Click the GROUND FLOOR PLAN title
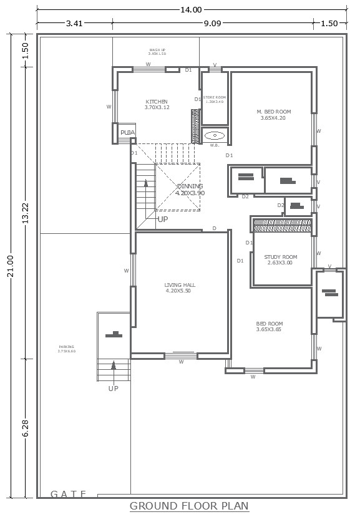click(189, 506)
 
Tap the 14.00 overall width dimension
click(191, 9)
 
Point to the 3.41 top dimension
click(74, 24)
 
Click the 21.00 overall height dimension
click(10, 265)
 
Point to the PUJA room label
click(127, 133)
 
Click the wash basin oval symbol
click(215, 135)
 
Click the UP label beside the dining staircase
click(162, 219)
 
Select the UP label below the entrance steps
click(113, 388)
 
